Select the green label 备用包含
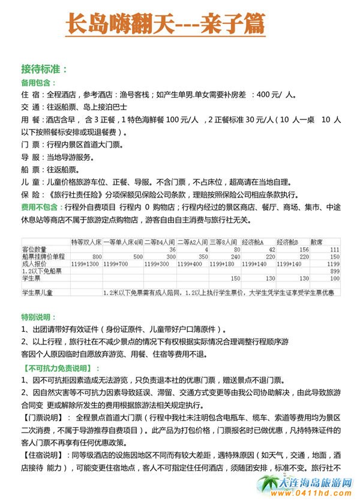point(38,83)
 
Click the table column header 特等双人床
point(86,241)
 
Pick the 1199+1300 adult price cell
point(85,263)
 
